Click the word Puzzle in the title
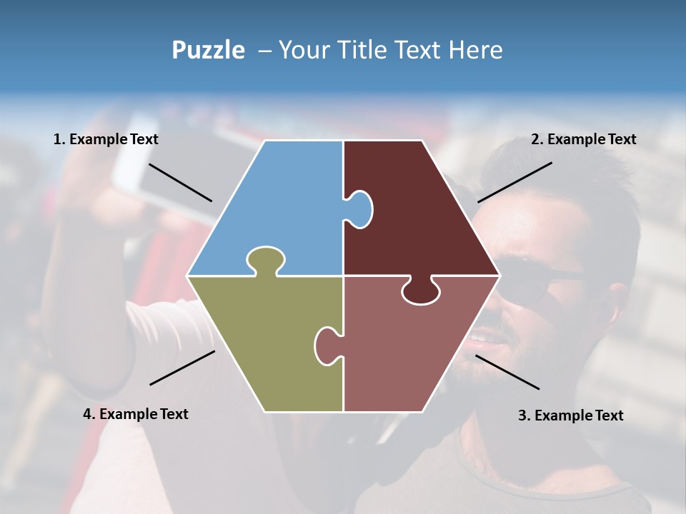click(208, 51)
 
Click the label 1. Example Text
click(106, 139)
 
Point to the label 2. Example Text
click(583, 139)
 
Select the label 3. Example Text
click(570, 415)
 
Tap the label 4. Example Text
click(136, 414)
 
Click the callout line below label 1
click(180, 183)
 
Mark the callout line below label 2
click(514, 182)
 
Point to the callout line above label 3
click(507, 372)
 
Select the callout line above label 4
click(182, 368)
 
